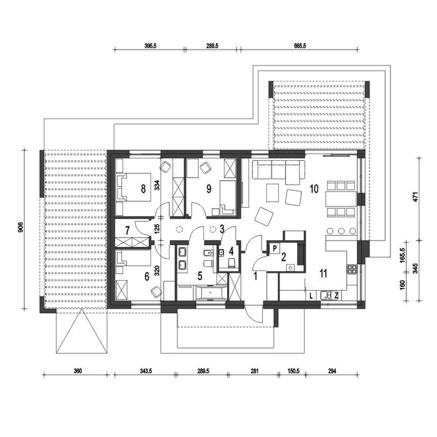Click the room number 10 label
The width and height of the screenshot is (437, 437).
pos(314,189)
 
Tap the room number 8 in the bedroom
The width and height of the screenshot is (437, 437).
pos(143,189)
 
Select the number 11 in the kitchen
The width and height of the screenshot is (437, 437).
pos(323,273)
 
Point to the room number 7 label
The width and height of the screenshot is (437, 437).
pos(127,230)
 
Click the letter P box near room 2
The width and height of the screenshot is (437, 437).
pos(275,248)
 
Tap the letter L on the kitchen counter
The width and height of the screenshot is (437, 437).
pos(311,296)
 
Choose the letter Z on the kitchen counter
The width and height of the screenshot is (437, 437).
pos(336,296)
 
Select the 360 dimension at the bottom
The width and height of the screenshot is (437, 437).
pos(77,371)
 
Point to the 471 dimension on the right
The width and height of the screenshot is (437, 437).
pos(415,197)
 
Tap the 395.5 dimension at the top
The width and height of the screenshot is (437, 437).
pos(150,46)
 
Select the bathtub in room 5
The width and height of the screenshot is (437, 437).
pos(211,293)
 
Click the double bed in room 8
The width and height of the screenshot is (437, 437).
pos(134,187)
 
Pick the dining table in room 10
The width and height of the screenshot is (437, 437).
pos(341,199)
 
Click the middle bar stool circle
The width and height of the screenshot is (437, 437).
pos(341,231)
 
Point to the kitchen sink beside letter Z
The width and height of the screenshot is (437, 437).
pos(325,296)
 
